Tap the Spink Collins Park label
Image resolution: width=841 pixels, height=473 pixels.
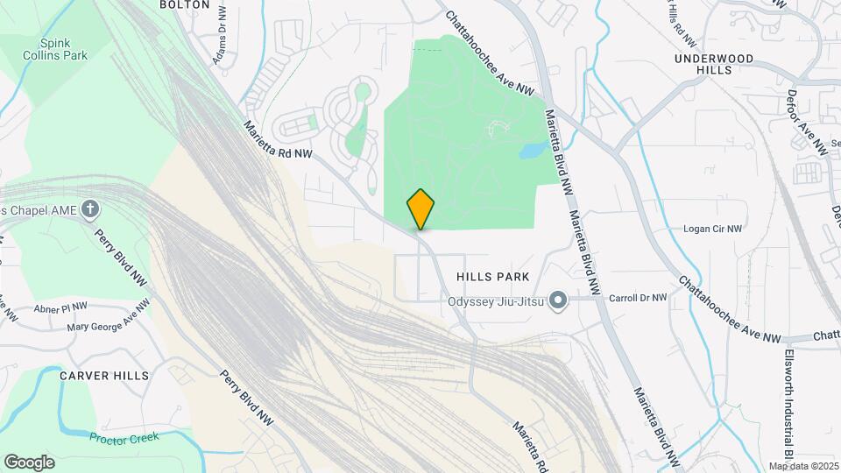[x=64, y=48]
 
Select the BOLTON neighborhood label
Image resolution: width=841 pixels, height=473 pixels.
[x=184, y=4]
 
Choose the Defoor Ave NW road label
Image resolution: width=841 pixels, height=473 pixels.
[x=807, y=123]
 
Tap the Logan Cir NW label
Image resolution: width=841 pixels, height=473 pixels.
[x=712, y=229]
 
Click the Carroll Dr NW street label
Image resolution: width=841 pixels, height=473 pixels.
[x=638, y=298]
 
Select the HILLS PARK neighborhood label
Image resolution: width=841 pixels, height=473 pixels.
[x=493, y=277]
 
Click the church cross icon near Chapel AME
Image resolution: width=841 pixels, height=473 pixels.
[x=89, y=209]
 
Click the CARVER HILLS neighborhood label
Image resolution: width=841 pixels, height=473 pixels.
[x=104, y=376]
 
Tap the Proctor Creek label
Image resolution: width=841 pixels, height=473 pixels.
[x=124, y=436]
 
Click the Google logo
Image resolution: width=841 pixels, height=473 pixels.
[x=29, y=462]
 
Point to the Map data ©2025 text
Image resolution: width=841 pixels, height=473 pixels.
[x=803, y=466]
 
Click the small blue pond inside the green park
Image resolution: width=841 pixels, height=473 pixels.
[x=532, y=151]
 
